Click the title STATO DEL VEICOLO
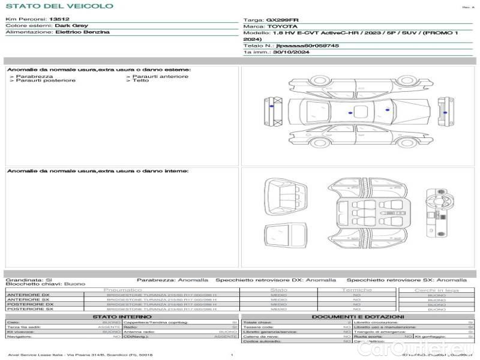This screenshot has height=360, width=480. [x=59, y=6]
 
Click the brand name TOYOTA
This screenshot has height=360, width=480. [x=281, y=26]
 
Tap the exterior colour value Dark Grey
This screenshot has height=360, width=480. [x=71, y=26]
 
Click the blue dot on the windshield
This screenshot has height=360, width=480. [x=388, y=111]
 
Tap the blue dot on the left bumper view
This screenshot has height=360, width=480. [x=272, y=106]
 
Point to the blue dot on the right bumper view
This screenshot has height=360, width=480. [x=445, y=112]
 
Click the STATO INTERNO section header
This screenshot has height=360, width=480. [x=118, y=317]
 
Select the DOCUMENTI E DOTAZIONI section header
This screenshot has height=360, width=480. [x=358, y=317]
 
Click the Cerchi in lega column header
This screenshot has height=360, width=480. [x=436, y=290]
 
